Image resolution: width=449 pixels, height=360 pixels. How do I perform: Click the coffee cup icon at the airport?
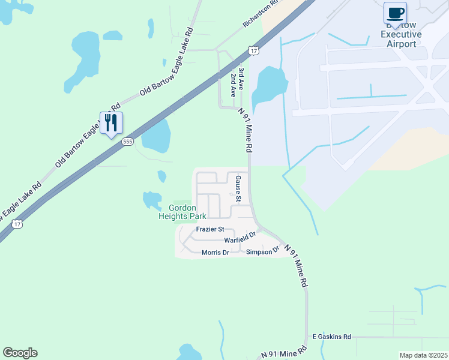(395, 13)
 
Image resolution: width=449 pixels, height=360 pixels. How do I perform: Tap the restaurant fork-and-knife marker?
(111, 123)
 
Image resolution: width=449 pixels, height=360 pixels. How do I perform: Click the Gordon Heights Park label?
(182, 211)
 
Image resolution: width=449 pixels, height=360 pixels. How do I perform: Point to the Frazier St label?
(209, 229)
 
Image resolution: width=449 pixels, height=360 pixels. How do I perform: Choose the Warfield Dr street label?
(240, 238)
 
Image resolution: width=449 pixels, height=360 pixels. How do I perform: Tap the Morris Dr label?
(215, 253)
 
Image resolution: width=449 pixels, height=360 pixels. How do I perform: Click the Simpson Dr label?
(264, 250)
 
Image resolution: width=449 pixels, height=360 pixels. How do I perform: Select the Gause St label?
(238, 188)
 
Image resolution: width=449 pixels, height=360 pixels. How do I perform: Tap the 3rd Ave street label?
(241, 78)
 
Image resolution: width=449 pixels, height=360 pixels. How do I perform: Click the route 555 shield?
(127, 142)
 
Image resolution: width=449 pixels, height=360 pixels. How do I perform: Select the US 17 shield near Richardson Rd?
(254, 51)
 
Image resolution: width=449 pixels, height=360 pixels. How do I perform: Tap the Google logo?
(20, 352)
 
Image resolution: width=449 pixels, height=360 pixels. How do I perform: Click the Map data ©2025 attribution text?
(423, 355)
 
